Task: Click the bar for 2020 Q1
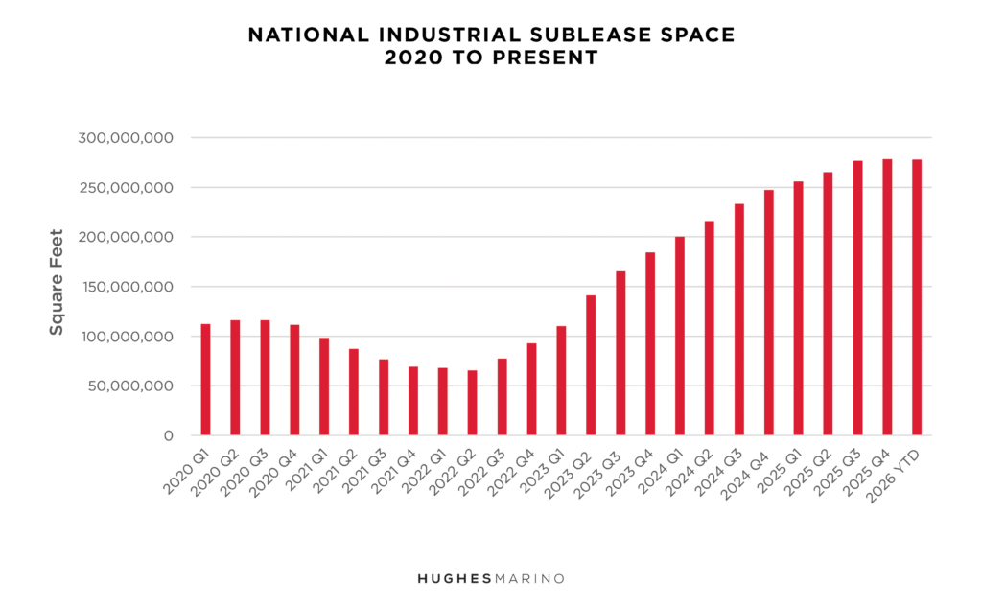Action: click(205, 380)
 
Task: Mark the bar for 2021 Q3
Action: click(384, 397)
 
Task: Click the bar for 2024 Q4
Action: click(769, 313)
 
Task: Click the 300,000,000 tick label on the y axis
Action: click(126, 138)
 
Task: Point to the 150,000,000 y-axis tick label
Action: click(126, 287)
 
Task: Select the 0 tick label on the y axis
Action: click(168, 436)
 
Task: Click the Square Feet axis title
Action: click(57, 281)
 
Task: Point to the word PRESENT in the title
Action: click(548, 58)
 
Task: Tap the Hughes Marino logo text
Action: click(490, 579)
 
